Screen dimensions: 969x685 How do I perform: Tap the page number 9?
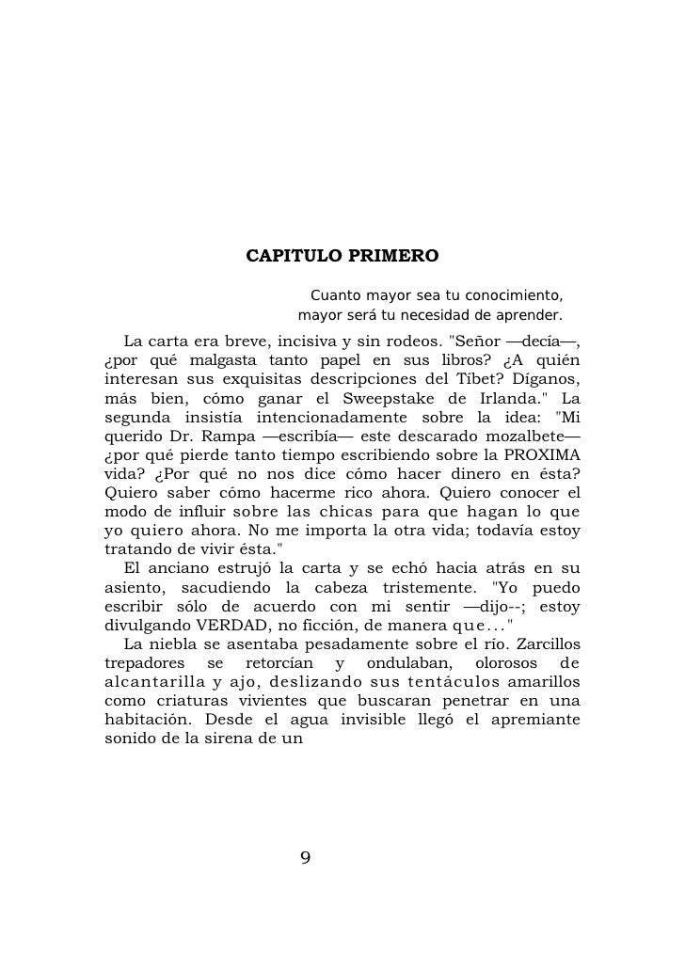point(305,858)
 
